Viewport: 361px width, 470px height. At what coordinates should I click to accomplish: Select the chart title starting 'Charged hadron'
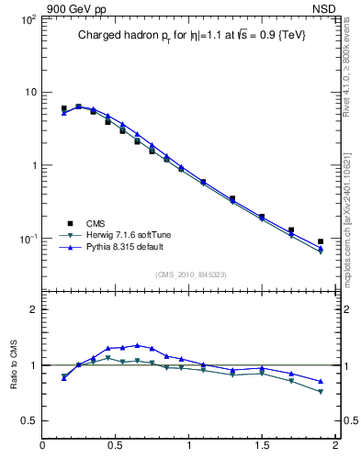[190, 35]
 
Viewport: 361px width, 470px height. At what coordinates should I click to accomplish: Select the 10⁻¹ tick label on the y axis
[26, 239]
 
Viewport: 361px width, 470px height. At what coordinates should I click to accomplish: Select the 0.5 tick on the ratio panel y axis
[28, 420]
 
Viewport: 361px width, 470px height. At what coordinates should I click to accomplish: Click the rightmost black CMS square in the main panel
[321, 241]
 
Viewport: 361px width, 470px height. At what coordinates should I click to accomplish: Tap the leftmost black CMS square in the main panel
[63, 108]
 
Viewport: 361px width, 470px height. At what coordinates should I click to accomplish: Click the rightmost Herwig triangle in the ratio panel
[321, 392]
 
